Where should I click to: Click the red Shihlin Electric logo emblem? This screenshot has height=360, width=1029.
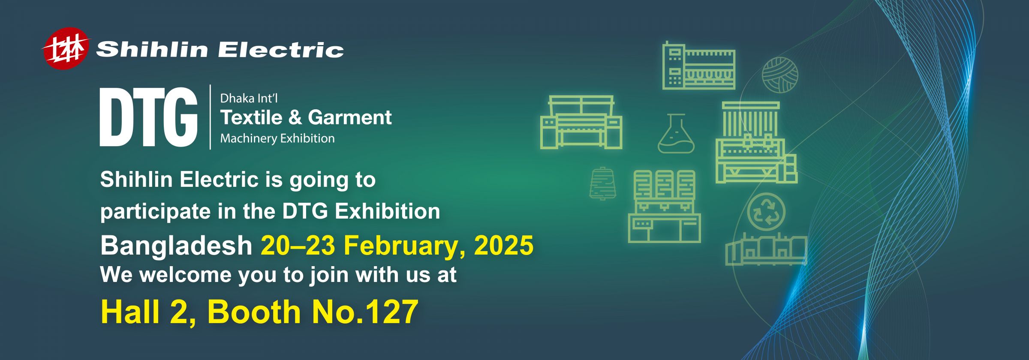click(66, 48)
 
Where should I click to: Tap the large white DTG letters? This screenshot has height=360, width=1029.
click(148, 117)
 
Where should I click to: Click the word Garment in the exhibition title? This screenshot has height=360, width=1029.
click(349, 117)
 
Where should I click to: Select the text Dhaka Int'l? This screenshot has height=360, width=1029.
click(249, 99)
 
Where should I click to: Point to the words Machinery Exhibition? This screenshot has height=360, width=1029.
click(277, 138)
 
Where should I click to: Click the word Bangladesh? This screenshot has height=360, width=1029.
click(176, 246)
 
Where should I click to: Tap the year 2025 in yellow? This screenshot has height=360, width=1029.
click(503, 246)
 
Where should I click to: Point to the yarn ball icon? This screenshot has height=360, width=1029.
click(779, 75)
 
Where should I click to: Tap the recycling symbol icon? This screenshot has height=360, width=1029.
click(766, 212)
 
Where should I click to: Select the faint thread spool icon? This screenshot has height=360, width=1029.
click(603, 183)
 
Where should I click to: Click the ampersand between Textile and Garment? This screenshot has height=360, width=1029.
click(295, 117)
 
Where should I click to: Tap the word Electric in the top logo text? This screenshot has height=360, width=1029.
click(281, 50)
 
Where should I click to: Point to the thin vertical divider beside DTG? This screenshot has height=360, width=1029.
click(210, 117)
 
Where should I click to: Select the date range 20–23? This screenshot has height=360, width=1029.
click(298, 246)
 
